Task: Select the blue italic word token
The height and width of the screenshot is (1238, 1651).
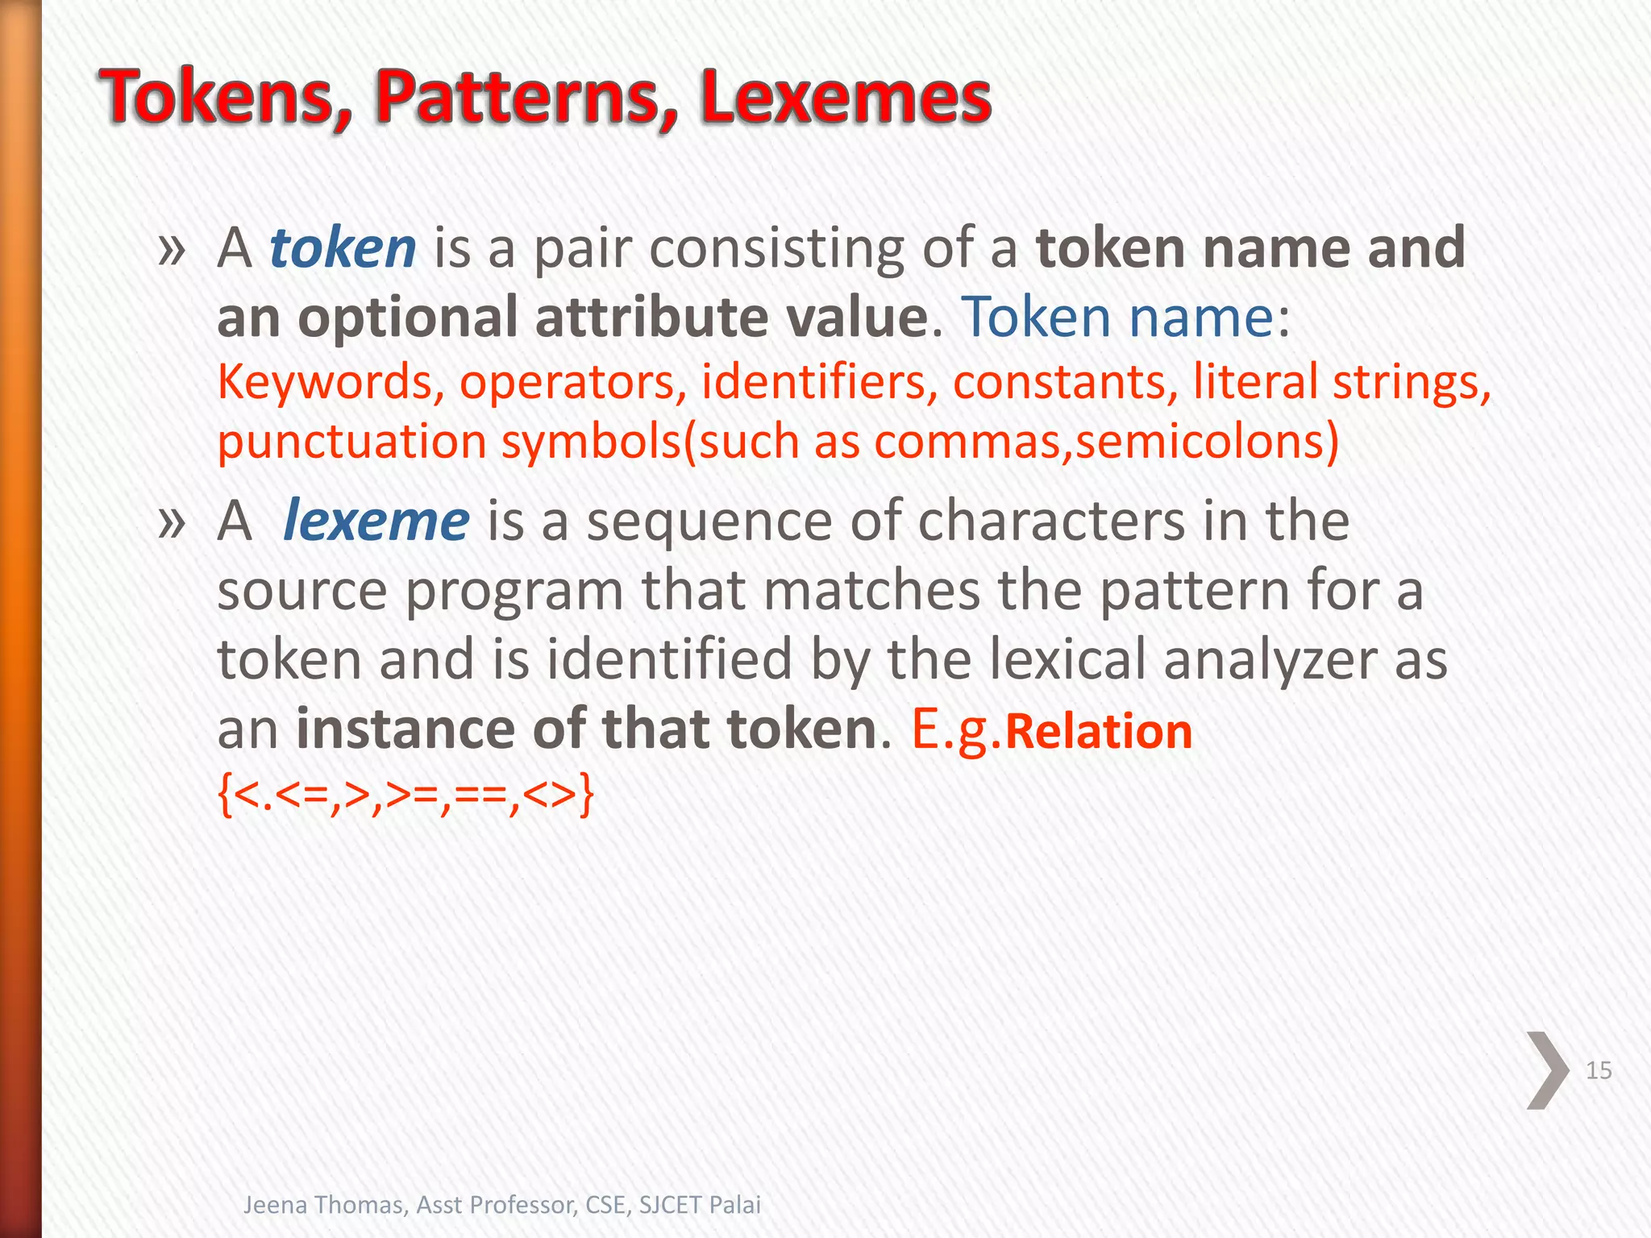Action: [343, 248]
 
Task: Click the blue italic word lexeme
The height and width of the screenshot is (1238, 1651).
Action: [376, 521]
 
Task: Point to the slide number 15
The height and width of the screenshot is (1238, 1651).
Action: [1599, 1070]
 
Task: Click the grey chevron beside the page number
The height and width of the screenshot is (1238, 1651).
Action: [1547, 1070]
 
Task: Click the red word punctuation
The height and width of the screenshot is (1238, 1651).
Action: [351, 442]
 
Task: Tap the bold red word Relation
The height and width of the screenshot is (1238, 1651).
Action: [1099, 732]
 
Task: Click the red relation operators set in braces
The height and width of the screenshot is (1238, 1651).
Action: [405, 795]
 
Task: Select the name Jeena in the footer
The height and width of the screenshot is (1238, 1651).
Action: [273, 1205]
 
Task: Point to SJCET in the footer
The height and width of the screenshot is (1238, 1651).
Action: [670, 1205]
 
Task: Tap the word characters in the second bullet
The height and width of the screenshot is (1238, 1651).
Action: [1051, 521]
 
